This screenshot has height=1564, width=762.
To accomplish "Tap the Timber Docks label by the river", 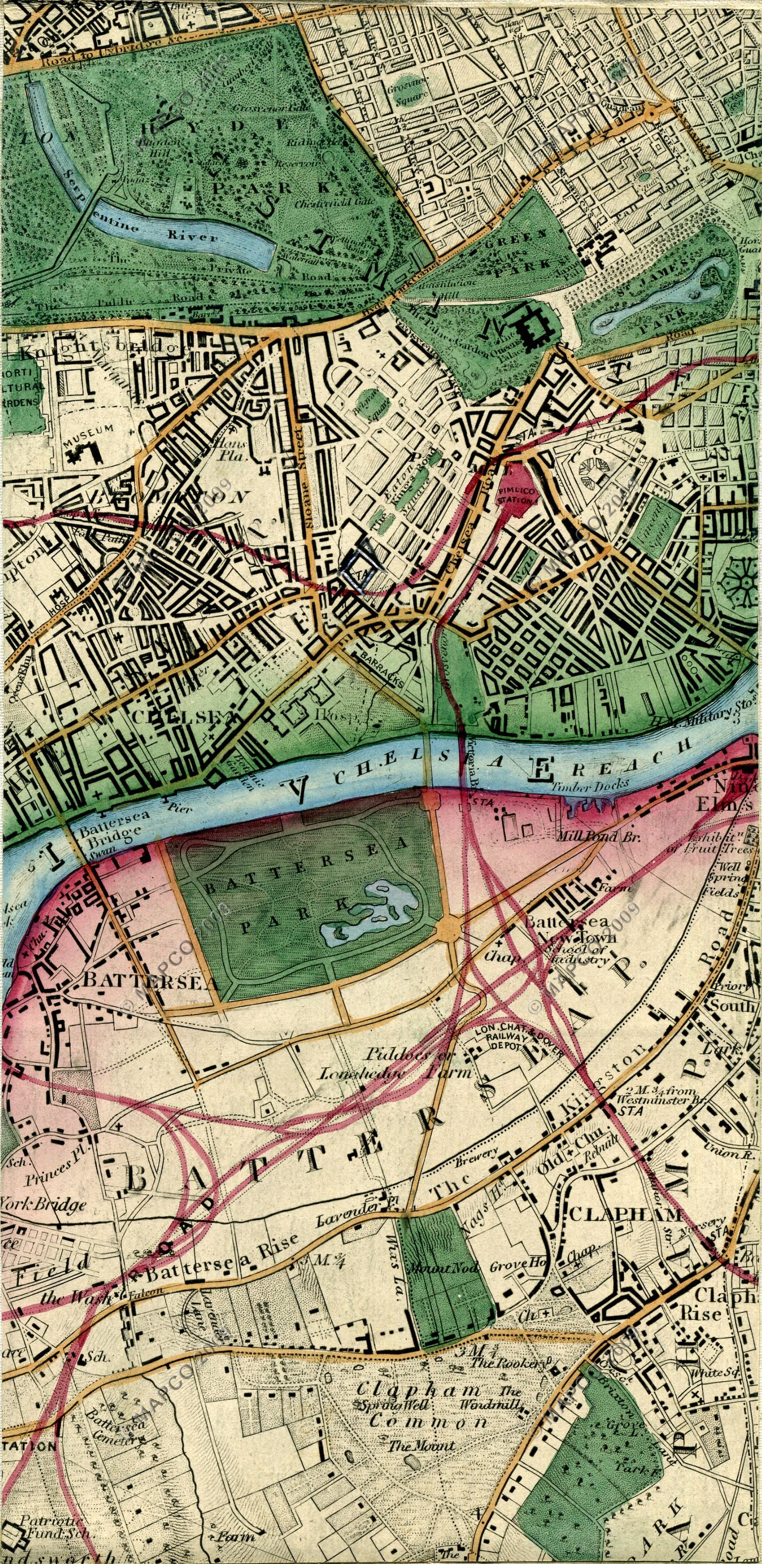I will coord(590,785).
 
